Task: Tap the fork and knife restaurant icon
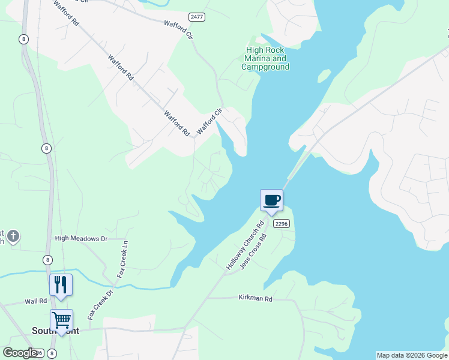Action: tap(61, 284)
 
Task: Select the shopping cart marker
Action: tap(61, 320)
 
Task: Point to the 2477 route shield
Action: tap(196, 17)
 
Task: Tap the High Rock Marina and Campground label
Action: tap(265, 59)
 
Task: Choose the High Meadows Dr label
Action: tap(80, 238)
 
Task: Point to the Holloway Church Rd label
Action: tap(245, 245)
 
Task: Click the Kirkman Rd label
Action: tap(255, 298)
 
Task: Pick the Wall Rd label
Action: tap(35, 301)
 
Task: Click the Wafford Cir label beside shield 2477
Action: tap(179, 28)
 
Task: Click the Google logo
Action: tap(20, 353)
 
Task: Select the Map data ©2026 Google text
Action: tap(412, 355)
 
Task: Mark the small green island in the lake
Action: tap(324, 76)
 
